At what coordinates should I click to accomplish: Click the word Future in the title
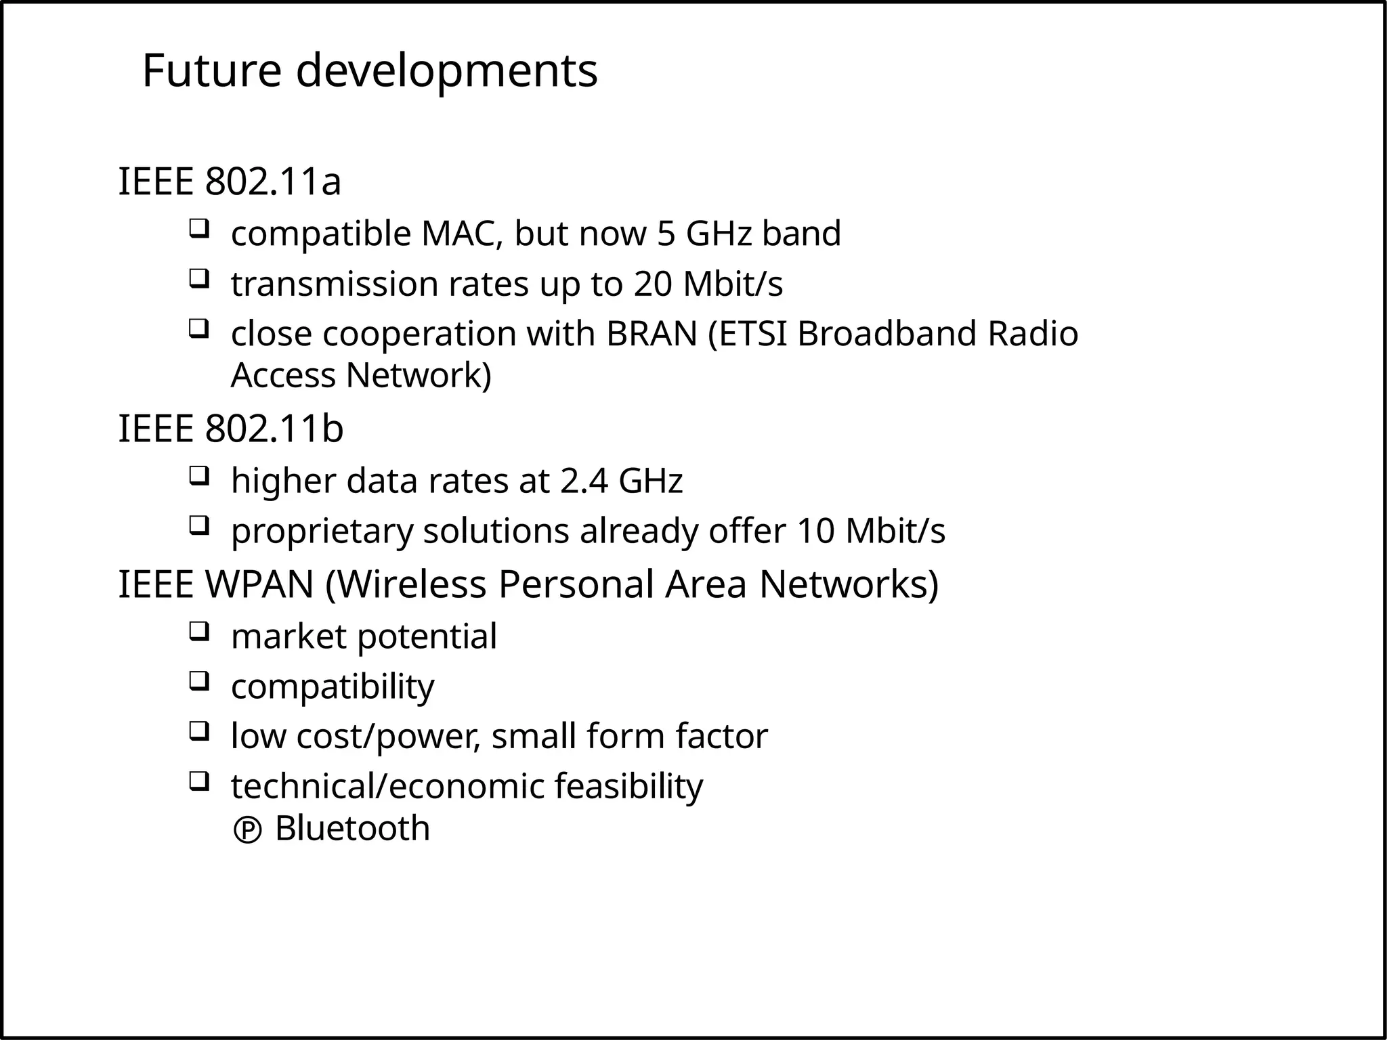pyautogui.click(x=211, y=71)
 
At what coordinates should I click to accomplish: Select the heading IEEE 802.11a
pyautogui.click(x=230, y=181)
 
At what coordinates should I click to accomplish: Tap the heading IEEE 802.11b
pyautogui.click(x=231, y=429)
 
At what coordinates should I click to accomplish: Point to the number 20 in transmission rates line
pyautogui.click(x=653, y=284)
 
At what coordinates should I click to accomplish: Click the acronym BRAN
pyautogui.click(x=652, y=334)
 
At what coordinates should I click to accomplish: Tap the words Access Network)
pyautogui.click(x=361, y=376)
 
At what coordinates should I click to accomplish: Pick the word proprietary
pyautogui.click(x=322, y=532)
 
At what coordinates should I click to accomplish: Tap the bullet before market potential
pyautogui.click(x=198, y=631)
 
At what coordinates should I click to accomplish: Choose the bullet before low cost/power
pyautogui.click(x=198, y=731)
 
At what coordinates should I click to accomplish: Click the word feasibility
pyautogui.click(x=628, y=786)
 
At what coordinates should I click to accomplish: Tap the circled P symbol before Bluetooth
pyautogui.click(x=247, y=831)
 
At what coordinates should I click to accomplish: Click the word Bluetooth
pyautogui.click(x=352, y=828)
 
